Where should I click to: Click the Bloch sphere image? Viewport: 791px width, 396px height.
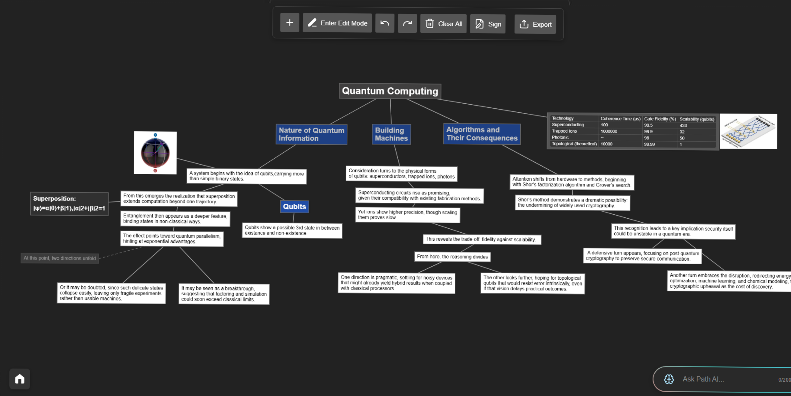(155, 153)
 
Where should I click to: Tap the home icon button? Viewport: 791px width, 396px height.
(20, 379)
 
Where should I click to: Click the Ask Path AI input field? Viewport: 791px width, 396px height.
(722, 379)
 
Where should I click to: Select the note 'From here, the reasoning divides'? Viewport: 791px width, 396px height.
(452, 257)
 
